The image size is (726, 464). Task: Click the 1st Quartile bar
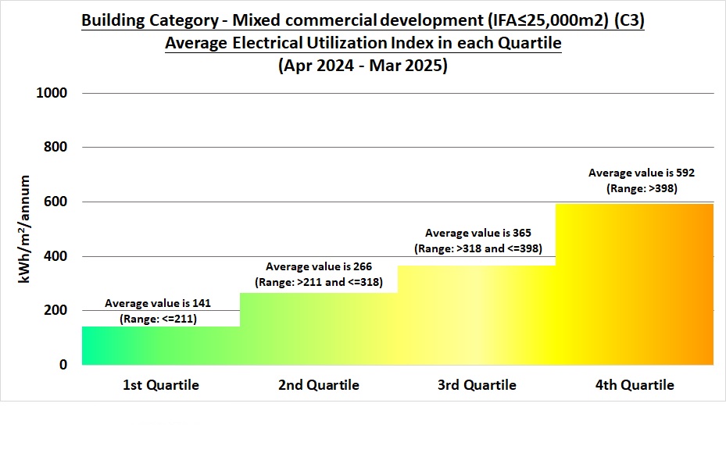(x=160, y=345)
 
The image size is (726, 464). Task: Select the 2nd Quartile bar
(x=318, y=328)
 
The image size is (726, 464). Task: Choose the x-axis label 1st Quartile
(x=160, y=385)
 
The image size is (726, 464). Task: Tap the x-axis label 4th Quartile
(x=634, y=385)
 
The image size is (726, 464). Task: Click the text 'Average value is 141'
(x=158, y=303)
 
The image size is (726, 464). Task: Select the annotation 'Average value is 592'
(x=641, y=173)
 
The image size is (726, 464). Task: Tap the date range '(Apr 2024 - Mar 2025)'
(x=363, y=66)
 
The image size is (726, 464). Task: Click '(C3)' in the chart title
(x=624, y=21)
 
